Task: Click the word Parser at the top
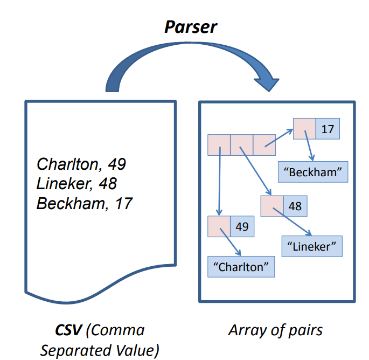click(190, 26)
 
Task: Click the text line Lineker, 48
click(76, 184)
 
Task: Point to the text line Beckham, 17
click(85, 203)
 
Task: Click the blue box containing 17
click(327, 129)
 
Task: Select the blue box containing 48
click(294, 206)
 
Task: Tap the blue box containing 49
click(242, 226)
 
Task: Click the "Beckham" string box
click(313, 172)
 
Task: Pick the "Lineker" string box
click(312, 246)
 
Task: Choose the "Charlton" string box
click(241, 266)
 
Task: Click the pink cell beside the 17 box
click(304, 129)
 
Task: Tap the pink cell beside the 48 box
click(271, 206)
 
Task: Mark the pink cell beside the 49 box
click(219, 226)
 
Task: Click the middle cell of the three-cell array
click(241, 145)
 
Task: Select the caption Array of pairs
click(275, 330)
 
